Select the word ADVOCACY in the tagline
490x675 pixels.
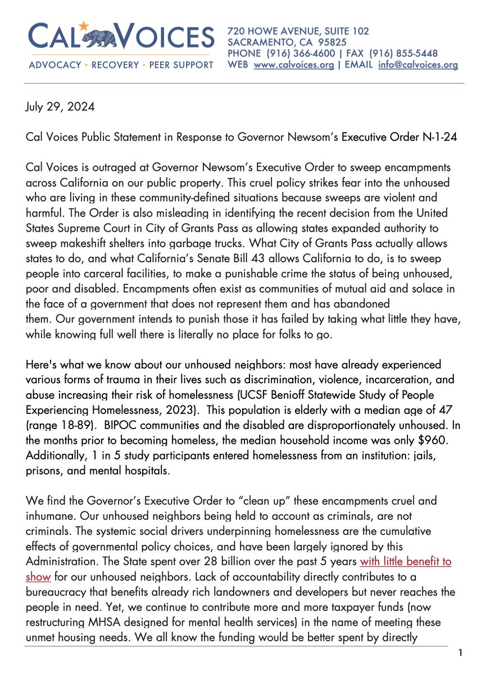55,65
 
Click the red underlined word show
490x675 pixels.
39,574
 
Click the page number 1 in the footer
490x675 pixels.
460,653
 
